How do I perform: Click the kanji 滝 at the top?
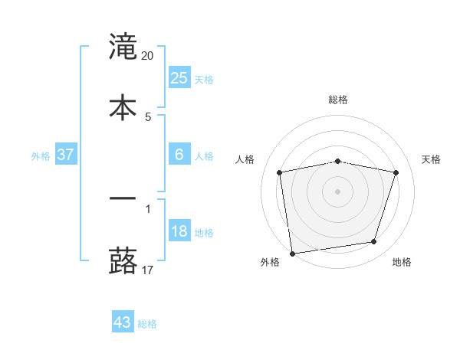point(123,47)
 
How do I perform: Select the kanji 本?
point(123,106)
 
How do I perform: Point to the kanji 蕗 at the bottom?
point(123,260)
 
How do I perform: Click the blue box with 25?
point(179,77)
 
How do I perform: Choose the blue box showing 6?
point(179,155)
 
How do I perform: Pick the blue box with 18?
point(179,231)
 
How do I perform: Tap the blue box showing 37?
point(66,155)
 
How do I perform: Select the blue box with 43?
point(123,322)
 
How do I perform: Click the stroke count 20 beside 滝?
point(148,55)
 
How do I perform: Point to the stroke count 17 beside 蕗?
point(148,270)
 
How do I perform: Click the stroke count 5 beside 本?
point(148,116)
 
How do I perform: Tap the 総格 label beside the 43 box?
point(148,324)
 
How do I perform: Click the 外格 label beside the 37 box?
point(41,156)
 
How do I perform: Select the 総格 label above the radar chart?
point(338,100)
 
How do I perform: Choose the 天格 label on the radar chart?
point(432,159)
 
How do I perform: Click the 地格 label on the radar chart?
point(402,262)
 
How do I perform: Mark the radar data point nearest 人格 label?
point(280,172)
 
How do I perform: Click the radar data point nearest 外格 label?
point(292,253)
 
